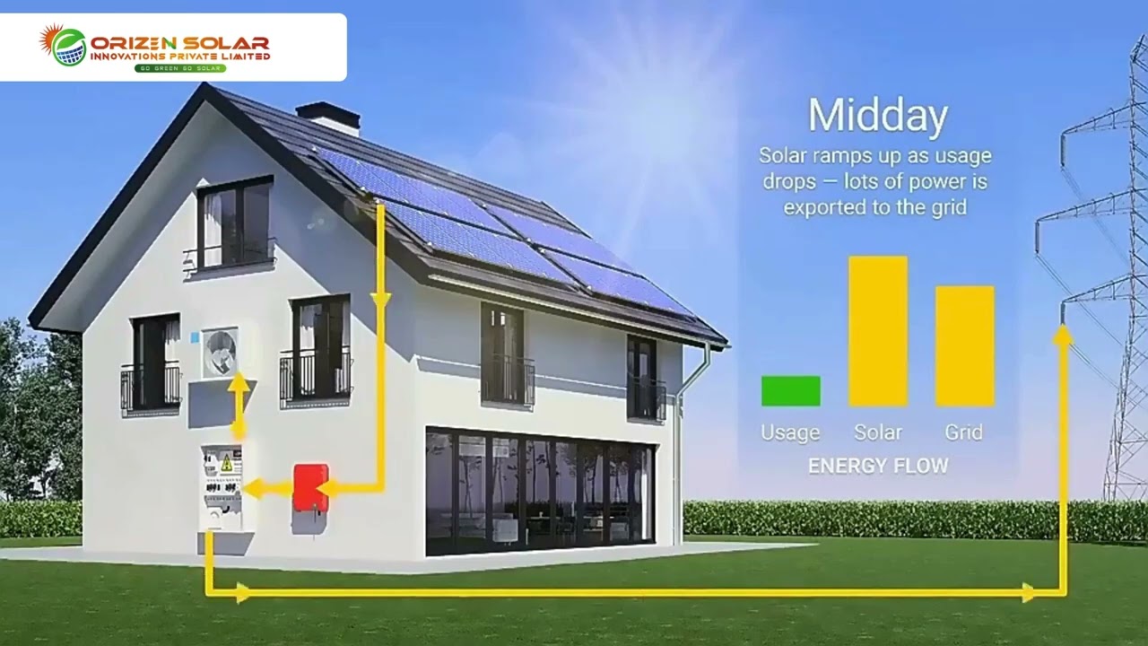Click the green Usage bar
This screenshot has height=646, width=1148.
pos(790,391)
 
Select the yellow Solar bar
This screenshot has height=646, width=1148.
pos(878,331)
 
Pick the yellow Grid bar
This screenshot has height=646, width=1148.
pos(964,346)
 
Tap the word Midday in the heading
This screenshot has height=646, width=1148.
pos(877,117)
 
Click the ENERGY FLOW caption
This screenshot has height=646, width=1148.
pos(877,467)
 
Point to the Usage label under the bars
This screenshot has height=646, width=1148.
pos(790,432)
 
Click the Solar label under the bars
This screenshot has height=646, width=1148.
pos(878,432)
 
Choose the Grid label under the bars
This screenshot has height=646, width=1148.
pos(964,432)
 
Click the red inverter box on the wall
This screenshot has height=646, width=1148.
pos(311,487)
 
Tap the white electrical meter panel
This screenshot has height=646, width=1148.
pos(223,485)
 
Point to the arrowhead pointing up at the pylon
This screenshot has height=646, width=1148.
pos(1062,336)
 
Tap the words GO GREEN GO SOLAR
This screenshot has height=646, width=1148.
pos(179,68)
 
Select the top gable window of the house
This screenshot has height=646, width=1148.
pos(234,224)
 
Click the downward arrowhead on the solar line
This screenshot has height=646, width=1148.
pos(380,300)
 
